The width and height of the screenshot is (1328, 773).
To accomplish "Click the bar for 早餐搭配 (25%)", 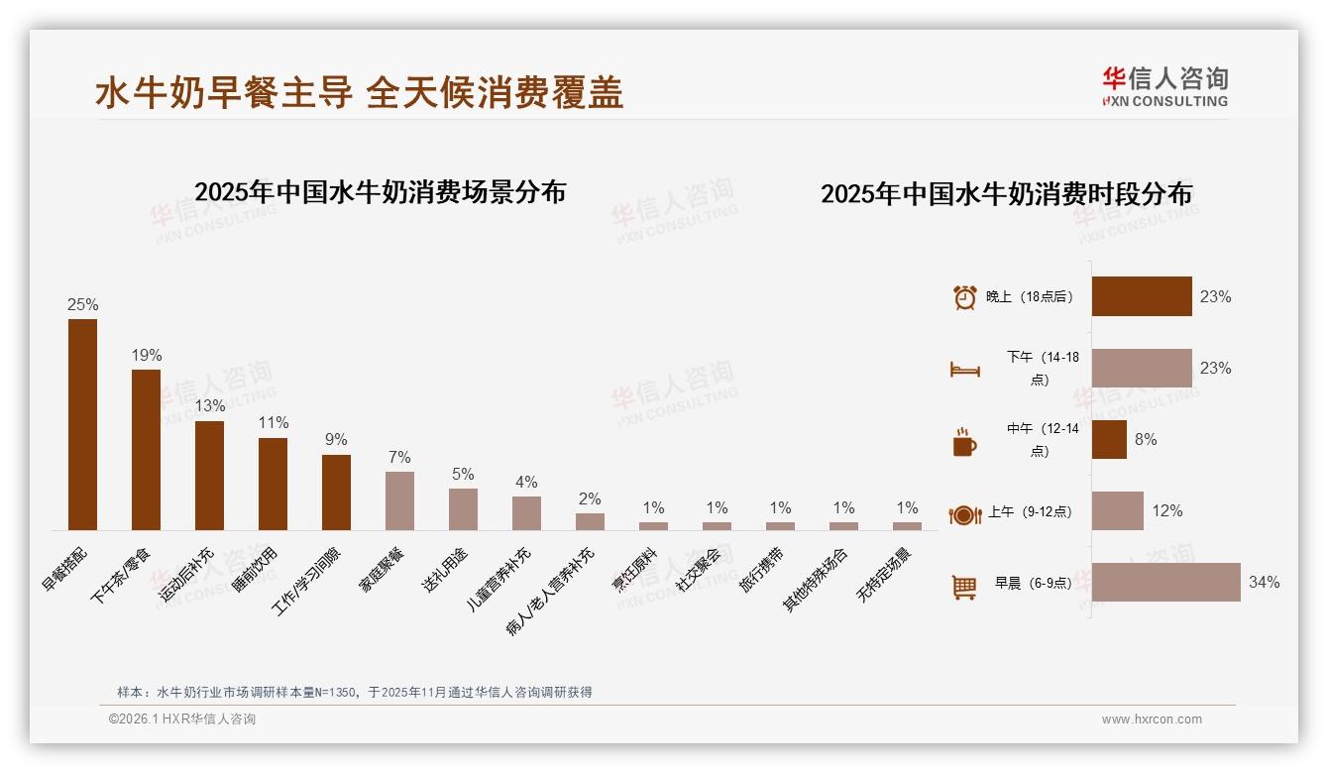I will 82,424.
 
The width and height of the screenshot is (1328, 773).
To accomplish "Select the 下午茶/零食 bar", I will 146,449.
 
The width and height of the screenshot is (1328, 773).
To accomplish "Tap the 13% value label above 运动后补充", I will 209,406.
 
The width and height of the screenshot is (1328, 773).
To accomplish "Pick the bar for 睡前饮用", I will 273,484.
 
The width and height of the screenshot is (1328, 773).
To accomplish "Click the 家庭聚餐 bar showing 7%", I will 399,500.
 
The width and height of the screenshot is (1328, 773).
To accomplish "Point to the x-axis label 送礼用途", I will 445,569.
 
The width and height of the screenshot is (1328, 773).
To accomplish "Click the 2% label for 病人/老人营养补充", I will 590,499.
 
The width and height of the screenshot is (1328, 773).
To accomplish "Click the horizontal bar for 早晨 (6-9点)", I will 1165,582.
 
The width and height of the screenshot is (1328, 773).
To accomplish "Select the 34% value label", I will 1264,583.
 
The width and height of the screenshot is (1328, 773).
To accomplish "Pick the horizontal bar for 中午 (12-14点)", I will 1109,439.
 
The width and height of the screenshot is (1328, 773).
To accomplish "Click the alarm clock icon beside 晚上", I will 964,297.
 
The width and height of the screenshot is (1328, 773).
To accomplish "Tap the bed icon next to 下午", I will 964,369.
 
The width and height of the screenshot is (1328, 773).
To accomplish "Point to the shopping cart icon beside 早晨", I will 964,587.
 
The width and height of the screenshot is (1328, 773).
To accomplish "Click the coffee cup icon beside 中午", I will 964,442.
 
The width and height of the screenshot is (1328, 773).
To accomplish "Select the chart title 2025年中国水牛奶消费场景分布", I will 380,192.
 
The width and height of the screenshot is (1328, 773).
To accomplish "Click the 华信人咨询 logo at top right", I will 1164,86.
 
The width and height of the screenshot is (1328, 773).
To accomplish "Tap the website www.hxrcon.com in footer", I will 1152,719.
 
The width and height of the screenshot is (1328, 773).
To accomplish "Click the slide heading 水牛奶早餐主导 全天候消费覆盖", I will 359,93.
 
